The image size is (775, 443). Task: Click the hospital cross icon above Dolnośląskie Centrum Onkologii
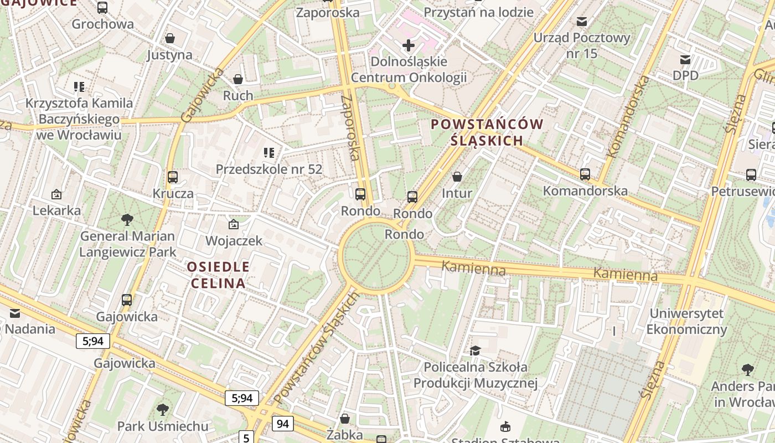409,45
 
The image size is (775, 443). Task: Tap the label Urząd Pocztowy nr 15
581,45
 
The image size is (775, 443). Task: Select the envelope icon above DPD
685,59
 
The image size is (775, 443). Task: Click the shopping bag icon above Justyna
170,38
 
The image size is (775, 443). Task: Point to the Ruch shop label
238,96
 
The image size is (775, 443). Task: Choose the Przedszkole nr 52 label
269,169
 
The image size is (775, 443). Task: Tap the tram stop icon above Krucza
173,177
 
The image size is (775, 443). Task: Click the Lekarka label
56,210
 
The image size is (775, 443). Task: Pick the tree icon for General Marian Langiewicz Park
127,220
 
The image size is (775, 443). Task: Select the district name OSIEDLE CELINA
218,275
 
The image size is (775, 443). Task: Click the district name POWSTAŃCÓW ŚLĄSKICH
487,132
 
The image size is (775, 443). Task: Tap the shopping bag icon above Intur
457,177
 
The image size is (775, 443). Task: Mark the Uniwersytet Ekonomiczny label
686,321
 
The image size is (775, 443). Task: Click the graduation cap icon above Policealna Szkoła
475,351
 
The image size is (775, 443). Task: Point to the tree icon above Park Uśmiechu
162,410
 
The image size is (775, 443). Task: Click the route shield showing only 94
282,424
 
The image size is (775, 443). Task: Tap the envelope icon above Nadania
14,313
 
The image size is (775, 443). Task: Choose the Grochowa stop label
103,24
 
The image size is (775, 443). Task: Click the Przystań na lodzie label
478,12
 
